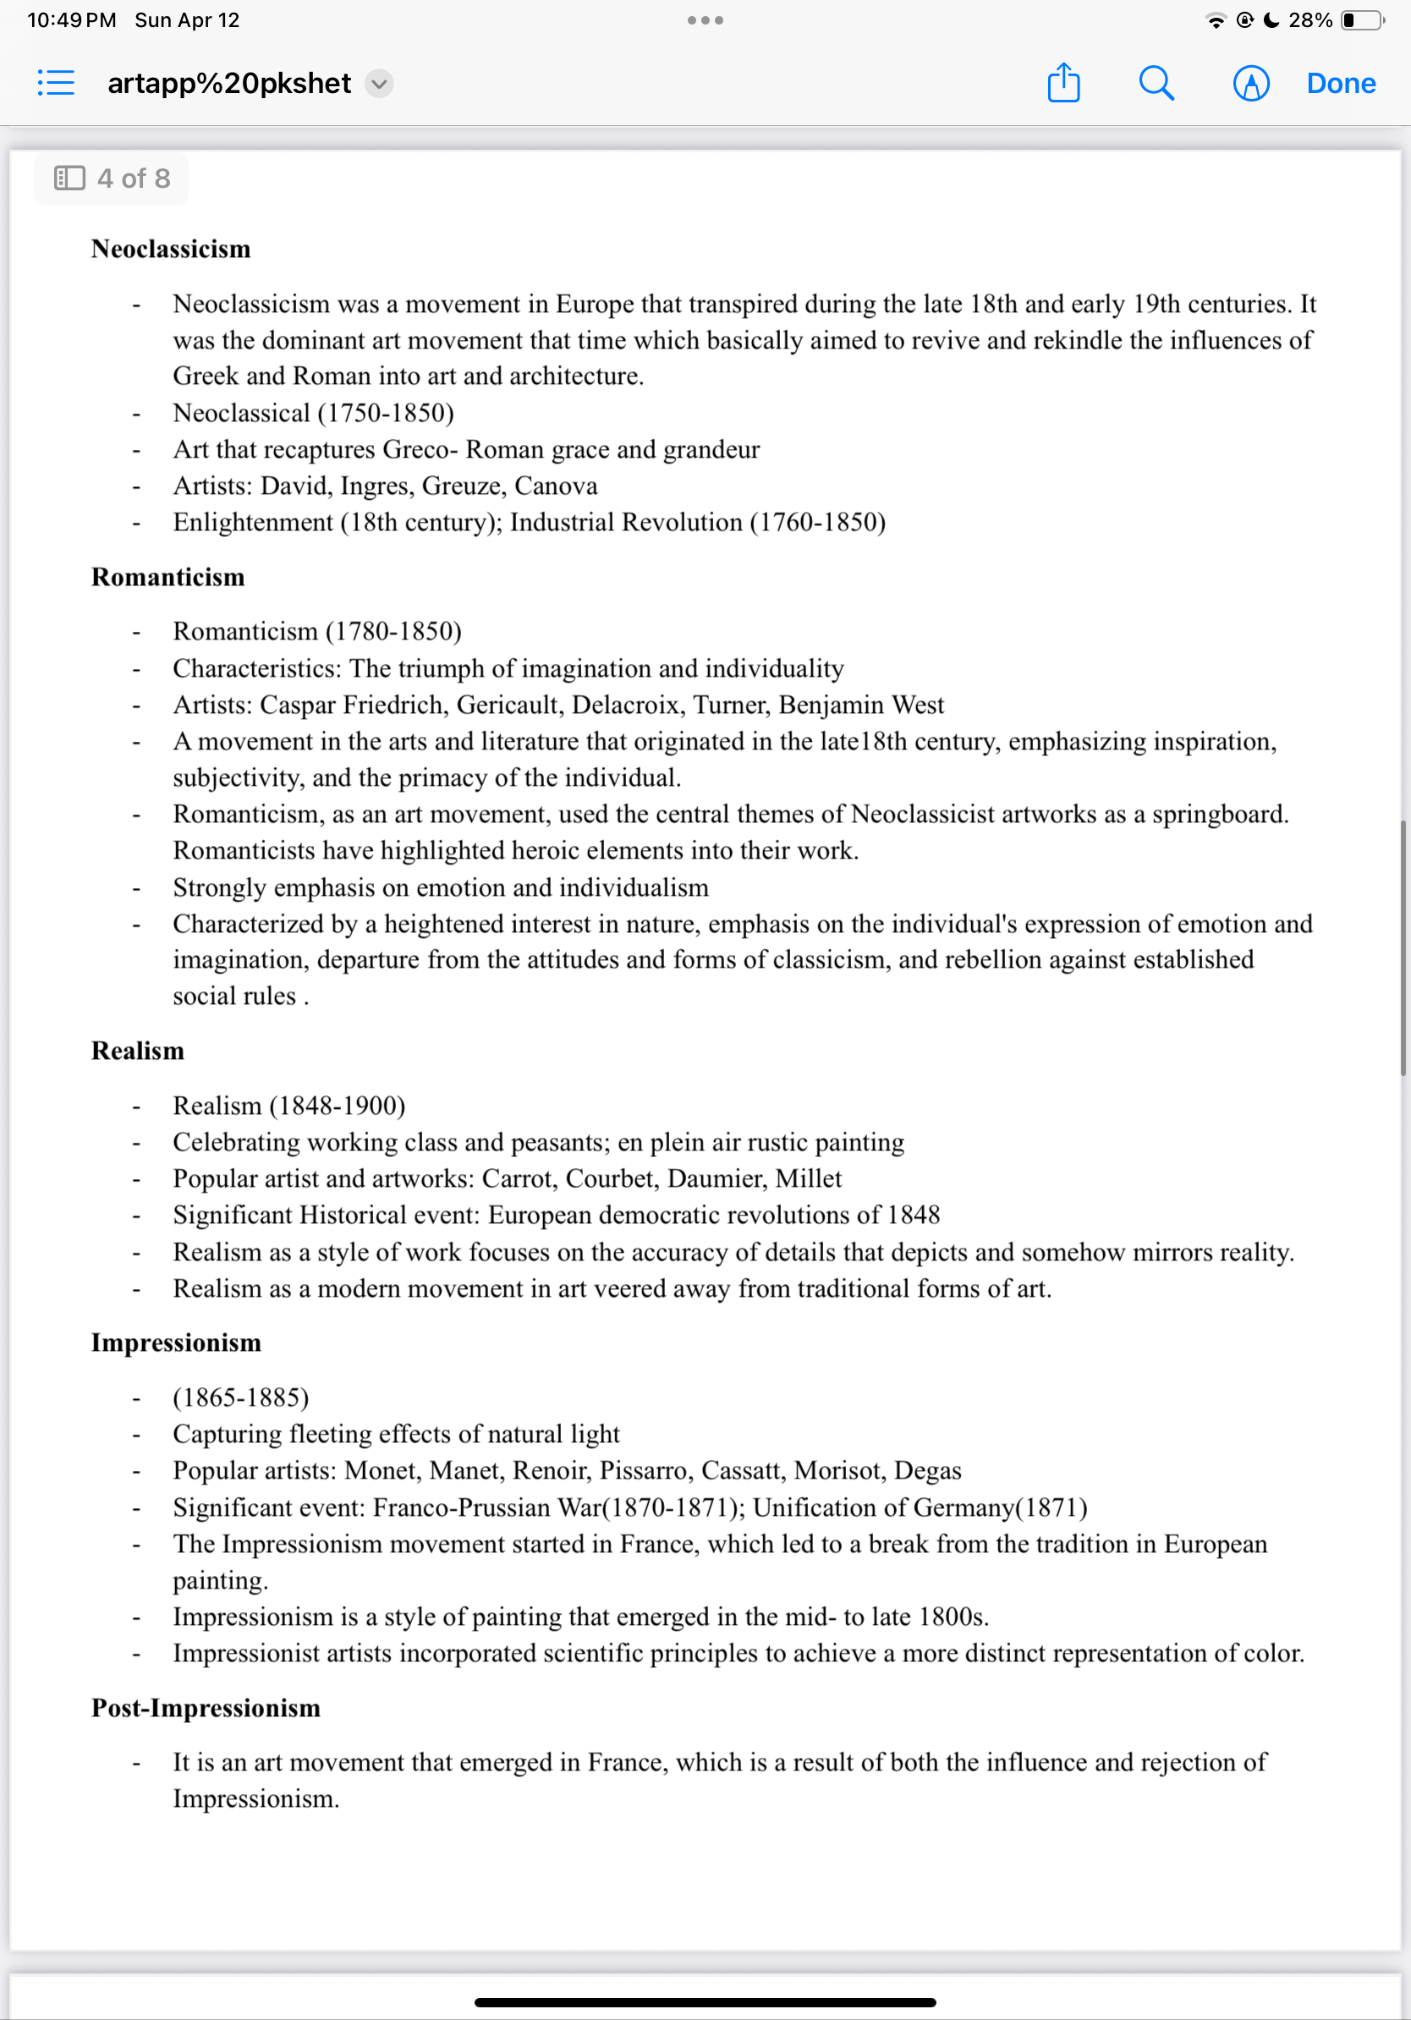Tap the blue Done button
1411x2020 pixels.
1340,84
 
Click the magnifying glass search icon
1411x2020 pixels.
1156,84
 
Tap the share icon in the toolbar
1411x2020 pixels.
1063,84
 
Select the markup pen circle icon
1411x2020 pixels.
1250,84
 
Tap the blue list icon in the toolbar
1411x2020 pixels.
57,84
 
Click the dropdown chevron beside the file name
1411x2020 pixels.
379,84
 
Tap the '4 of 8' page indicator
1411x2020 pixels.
112,178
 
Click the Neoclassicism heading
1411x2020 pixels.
171,249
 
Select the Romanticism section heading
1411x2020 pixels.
168,577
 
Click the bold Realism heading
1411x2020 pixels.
138,1051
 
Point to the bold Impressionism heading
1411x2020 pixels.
176,1342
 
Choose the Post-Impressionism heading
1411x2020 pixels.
206,1708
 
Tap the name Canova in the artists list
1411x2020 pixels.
556,486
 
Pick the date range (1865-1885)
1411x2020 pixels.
241,1397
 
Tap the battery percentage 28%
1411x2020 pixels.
1309,20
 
